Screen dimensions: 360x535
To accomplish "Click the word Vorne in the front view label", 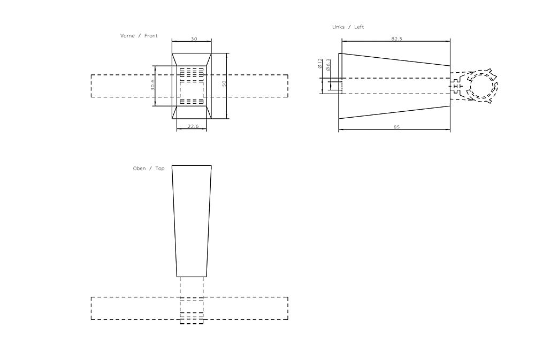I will click(x=127, y=36).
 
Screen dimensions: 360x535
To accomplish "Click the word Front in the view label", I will click(x=151, y=36).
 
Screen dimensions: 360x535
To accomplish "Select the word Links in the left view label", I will click(x=339, y=27).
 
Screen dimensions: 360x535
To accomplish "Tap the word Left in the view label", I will click(x=359, y=27).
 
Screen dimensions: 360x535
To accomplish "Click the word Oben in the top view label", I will click(x=139, y=168).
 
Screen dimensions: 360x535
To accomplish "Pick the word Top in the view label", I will click(x=160, y=168).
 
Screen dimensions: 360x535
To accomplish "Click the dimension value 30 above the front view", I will click(x=194, y=39).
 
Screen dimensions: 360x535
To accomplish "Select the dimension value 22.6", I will click(x=194, y=126).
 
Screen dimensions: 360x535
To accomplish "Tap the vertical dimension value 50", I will click(x=225, y=83).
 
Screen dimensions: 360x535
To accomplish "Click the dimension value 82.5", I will click(x=396, y=39).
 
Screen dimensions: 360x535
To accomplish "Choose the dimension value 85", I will click(x=396, y=127).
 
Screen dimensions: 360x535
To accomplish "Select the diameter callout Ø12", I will click(x=320, y=64).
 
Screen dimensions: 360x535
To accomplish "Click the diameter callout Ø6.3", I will click(x=328, y=64).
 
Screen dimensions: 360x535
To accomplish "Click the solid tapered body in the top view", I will click(x=192, y=219).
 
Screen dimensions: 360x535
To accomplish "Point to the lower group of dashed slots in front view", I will click(x=192, y=101).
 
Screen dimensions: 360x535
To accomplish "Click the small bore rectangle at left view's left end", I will click(x=335, y=86).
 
